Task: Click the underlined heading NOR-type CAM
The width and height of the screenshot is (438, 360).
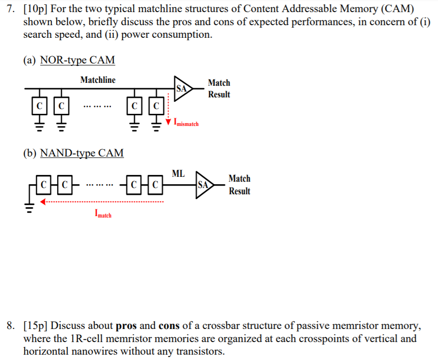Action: click(77, 60)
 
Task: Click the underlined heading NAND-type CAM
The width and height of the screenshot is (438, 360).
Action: click(82, 154)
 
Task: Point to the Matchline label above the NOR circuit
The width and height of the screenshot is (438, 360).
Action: click(98, 80)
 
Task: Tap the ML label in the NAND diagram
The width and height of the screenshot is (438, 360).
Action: click(178, 173)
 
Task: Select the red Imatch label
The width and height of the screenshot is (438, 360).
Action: click(103, 213)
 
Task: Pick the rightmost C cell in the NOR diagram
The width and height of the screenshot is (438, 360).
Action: click(156, 105)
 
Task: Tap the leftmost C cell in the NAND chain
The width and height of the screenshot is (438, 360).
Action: click(45, 185)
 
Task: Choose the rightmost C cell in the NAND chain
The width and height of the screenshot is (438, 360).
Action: click(154, 185)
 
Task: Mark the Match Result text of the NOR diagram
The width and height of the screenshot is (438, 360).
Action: click(219, 89)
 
